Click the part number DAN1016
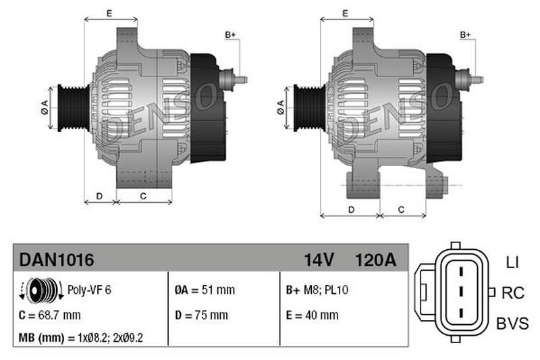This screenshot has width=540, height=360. [x=57, y=260]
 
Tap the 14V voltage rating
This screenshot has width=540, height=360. [x=319, y=260]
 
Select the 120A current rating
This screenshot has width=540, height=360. [x=376, y=260]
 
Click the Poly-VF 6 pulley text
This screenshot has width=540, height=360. [x=89, y=290]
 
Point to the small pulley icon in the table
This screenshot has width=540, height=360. [x=41, y=290]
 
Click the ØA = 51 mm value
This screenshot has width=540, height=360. [x=205, y=290]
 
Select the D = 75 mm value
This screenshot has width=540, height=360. [x=201, y=315]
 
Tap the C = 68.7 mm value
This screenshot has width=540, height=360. [x=50, y=315]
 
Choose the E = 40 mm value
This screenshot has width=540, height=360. [x=313, y=315]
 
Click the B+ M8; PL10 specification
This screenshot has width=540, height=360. [x=317, y=290]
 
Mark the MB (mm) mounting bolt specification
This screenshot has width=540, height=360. [x=80, y=338]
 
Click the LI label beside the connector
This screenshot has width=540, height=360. [x=512, y=263]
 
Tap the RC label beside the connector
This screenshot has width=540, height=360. [x=513, y=293]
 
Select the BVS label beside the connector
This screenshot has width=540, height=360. [x=512, y=324]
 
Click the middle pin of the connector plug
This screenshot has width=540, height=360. [x=461, y=291]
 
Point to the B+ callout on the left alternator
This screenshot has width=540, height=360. [x=230, y=35]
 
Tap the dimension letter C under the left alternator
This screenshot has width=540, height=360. [x=143, y=196]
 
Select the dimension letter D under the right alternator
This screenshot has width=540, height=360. [x=351, y=209]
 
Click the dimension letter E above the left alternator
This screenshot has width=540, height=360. [x=109, y=14]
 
